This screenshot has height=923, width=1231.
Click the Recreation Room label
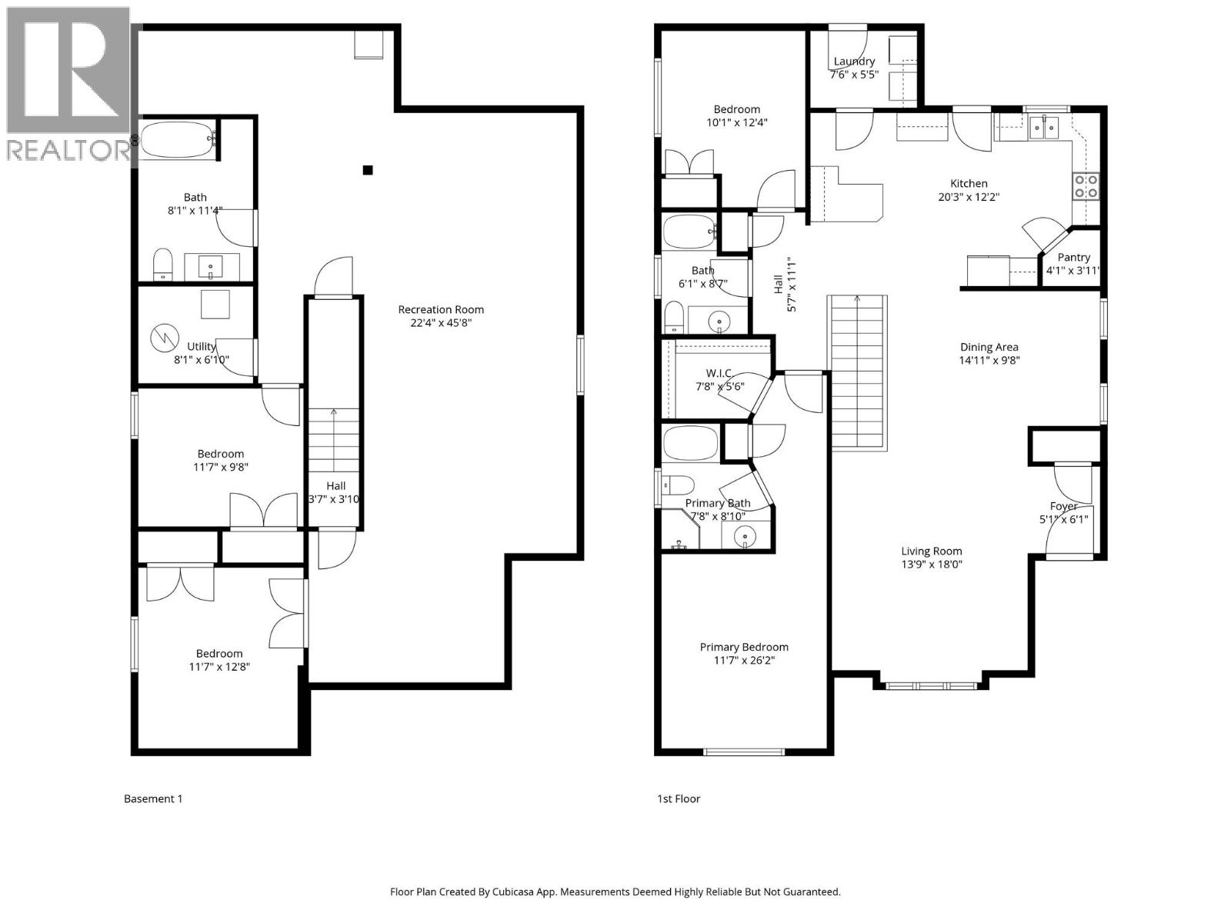(x=441, y=309)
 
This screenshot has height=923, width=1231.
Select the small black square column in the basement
(x=368, y=170)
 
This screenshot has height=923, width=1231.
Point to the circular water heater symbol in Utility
(x=163, y=336)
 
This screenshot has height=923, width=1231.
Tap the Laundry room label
(x=854, y=62)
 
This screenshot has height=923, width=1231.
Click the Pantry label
(x=1073, y=257)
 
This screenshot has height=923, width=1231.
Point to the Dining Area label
(x=989, y=347)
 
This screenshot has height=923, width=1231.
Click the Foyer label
(x=1063, y=506)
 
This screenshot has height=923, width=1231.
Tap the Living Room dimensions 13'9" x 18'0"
(x=932, y=564)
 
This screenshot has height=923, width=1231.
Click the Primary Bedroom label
(x=743, y=647)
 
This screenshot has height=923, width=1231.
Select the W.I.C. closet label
(x=715, y=373)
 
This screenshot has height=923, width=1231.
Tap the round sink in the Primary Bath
(x=745, y=536)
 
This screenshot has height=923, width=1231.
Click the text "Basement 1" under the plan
(x=153, y=798)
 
